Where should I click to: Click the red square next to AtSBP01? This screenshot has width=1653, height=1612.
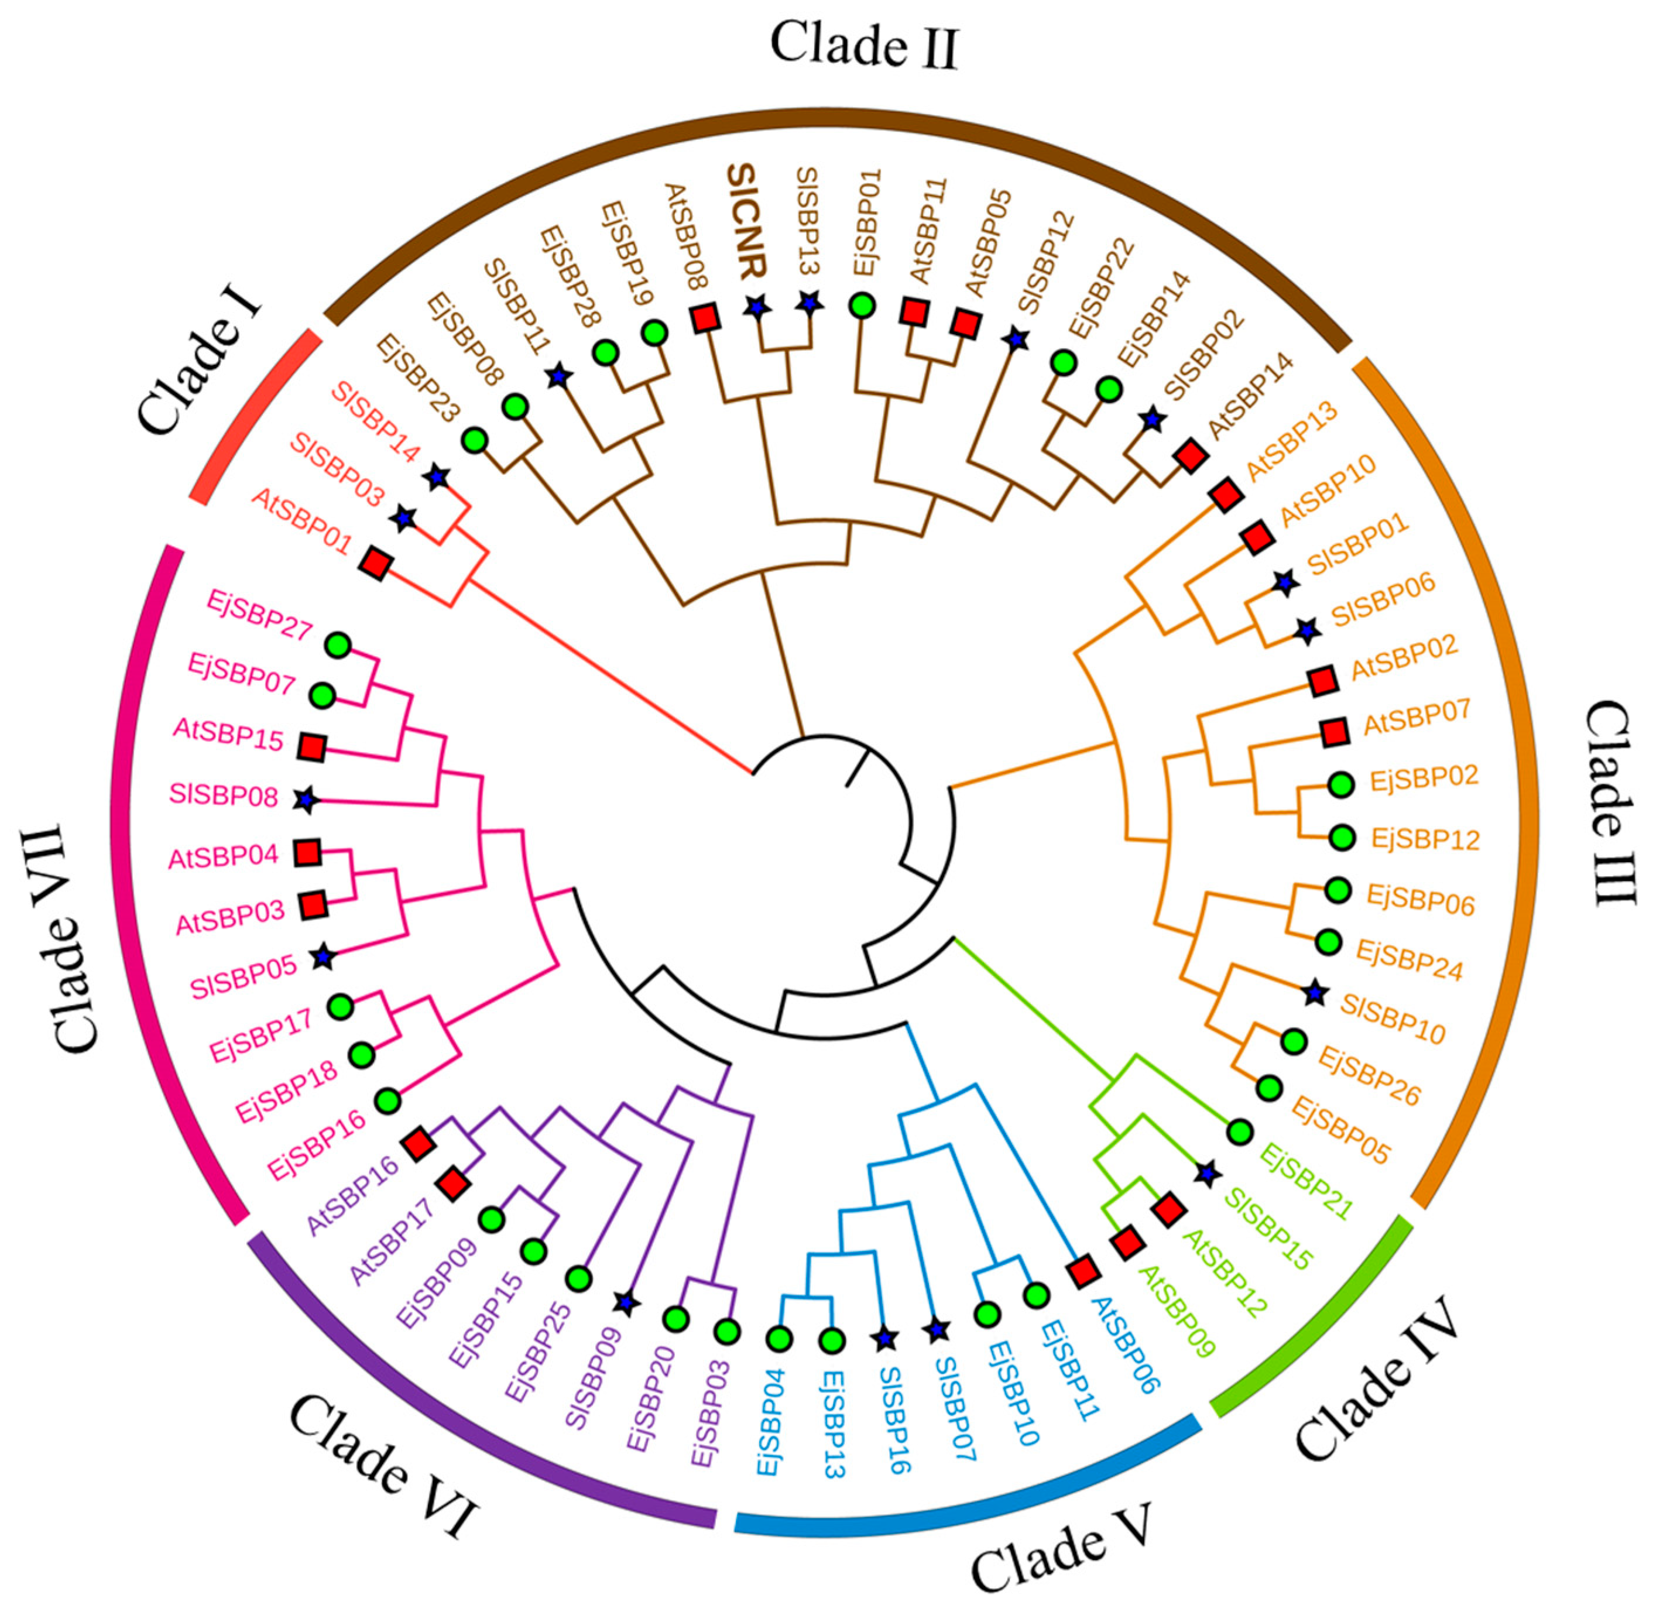[375, 563]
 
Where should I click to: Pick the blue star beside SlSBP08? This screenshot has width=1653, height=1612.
[306, 799]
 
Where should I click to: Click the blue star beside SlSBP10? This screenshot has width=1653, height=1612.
[1314, 993]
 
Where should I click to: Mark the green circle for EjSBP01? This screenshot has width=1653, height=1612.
[862, 305]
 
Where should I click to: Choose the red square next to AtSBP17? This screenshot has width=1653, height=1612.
[454, 1184]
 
